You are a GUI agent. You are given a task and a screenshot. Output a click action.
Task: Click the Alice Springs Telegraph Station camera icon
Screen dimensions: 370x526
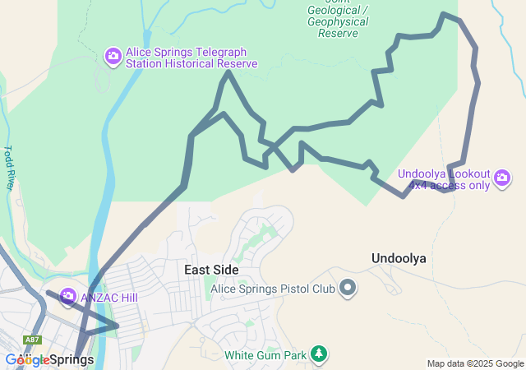point(113,56)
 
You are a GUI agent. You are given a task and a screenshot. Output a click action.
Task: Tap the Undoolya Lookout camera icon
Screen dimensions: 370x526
point(502,178)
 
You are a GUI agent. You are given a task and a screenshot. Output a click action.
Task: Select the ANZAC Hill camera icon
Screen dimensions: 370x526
point(67,296)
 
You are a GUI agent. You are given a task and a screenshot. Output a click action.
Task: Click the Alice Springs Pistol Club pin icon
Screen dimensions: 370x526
point(348,288)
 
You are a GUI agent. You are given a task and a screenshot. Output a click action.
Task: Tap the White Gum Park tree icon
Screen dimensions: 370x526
point(319,355)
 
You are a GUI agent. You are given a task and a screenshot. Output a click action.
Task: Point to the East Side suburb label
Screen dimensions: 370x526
point(211,270)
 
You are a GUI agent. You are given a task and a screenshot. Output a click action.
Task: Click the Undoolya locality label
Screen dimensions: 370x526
point(399,258)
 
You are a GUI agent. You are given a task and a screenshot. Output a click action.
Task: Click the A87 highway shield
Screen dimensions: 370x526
point(32,340)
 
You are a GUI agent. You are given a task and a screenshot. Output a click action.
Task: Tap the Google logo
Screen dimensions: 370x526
point(26,360)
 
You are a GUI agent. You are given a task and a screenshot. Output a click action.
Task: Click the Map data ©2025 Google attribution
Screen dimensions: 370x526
point(475,363)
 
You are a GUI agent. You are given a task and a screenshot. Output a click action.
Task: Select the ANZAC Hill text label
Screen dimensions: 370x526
point(103,296)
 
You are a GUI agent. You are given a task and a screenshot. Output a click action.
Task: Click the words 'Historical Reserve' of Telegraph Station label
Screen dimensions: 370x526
point(211,63)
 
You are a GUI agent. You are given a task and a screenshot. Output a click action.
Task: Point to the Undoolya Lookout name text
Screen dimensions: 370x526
point(444,174)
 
